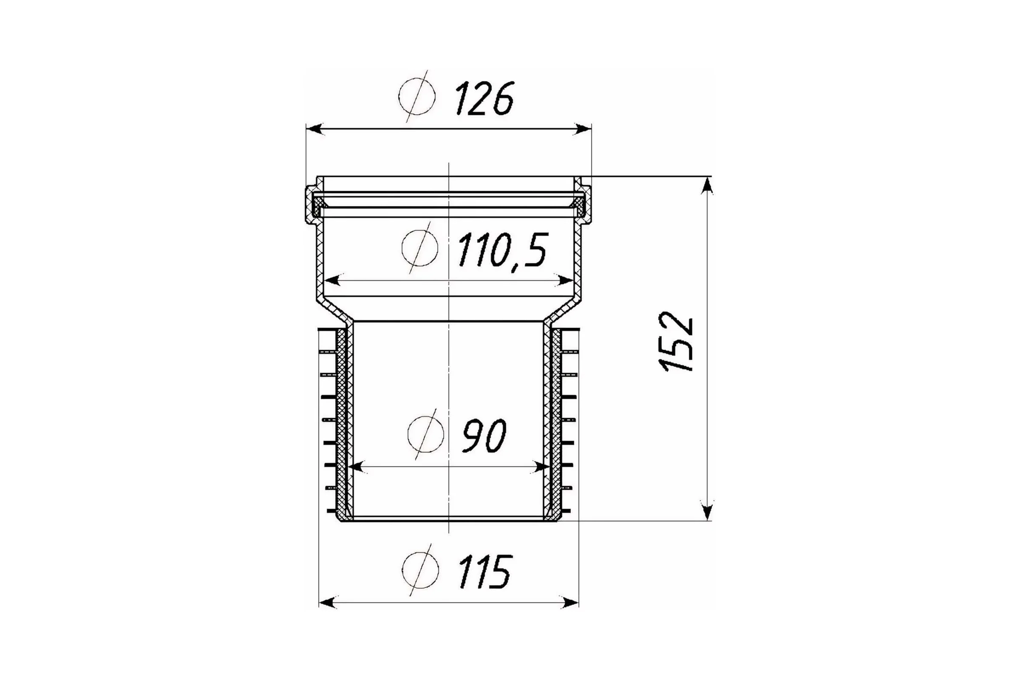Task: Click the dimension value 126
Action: [485, 99]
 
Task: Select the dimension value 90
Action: [484, 436]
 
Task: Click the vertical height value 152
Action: [678, 342]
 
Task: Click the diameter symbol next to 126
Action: [417, 96]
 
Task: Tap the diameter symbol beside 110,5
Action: [419, 248]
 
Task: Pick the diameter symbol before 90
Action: [425, 433]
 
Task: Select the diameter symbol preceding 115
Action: [420, 570]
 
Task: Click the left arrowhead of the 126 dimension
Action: [315, 129]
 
